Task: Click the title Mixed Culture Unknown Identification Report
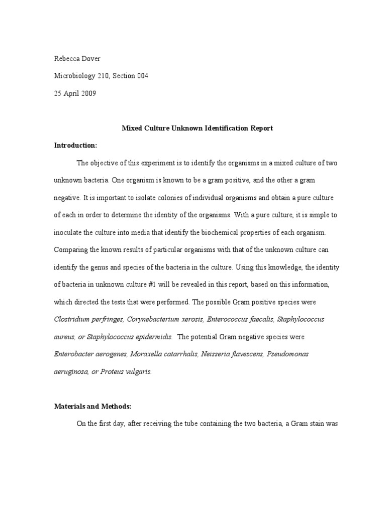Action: pyautogui.click(x=198, y=128)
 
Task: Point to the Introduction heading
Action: pyautogui.click(x=75, y=145)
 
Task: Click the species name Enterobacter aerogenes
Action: pyautogui.click(x=90, y=354)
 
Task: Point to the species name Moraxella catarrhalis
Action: pyautogui.click(x=164, y=354)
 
